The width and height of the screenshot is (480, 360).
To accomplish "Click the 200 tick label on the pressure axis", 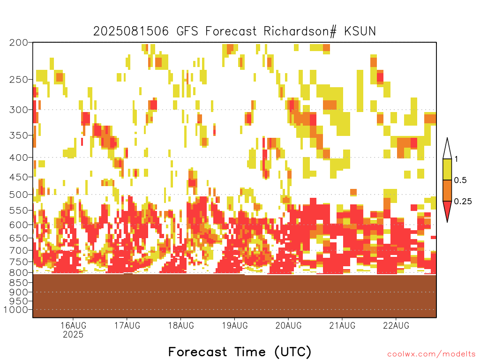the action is [x=19, y=43].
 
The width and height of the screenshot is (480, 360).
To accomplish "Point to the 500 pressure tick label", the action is [x=19, y=195].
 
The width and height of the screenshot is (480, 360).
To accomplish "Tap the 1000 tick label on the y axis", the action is [x=16, y=310].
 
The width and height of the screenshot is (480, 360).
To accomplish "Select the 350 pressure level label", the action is [x=19, y=135].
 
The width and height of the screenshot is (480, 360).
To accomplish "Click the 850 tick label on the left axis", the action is [x=19, y=283].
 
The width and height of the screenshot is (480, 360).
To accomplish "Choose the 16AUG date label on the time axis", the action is [x=74, y=325].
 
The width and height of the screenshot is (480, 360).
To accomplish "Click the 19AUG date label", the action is [x=235, y=325].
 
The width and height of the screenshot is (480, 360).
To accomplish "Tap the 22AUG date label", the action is [x=396, y=325].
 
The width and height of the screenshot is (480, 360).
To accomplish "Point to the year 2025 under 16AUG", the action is [x=73, y=334].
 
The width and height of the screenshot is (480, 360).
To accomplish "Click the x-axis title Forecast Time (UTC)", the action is [x=240, y=352].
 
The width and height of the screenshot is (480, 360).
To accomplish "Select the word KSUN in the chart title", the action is [x=360, y=31].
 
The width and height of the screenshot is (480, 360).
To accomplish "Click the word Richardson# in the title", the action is [x=300, y=31].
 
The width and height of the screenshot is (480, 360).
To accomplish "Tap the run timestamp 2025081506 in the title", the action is [x=131, y=31].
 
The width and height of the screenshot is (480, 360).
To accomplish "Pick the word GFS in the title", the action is [x=187, y=31].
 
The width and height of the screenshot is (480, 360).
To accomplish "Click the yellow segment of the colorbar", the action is [x=447, y=169].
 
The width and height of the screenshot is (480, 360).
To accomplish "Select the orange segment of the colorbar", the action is [x=447, y=190].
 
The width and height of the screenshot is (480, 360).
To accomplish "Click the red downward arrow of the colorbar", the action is [x=447, y=210].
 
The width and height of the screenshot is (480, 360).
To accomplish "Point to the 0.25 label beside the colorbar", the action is [x=463, y=202].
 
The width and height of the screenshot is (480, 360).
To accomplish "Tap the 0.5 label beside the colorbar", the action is [x=460, y=180].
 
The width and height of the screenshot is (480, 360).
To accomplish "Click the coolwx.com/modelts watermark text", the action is [x=431, y=354].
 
